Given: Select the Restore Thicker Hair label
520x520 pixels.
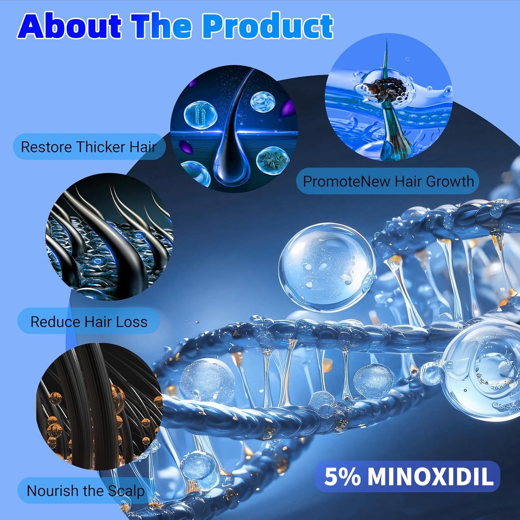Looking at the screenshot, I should click(89, 147).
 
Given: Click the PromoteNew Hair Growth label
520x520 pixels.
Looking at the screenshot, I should click(388, 181).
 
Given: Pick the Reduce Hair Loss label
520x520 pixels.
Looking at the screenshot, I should click(89, 321).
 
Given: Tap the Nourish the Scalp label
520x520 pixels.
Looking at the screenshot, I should click(86, 491).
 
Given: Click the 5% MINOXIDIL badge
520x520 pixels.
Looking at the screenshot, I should click(408, 476).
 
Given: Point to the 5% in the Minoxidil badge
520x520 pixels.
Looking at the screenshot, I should click(342, 476).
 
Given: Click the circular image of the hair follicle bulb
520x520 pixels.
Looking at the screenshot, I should click(234, 128).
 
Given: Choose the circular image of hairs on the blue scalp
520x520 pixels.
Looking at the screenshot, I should click(109, 236).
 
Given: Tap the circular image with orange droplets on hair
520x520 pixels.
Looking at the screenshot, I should click(100, 407).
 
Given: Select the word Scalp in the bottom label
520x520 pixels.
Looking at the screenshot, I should click(126, 491).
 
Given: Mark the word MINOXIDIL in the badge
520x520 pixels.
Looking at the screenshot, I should click(430, 476).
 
